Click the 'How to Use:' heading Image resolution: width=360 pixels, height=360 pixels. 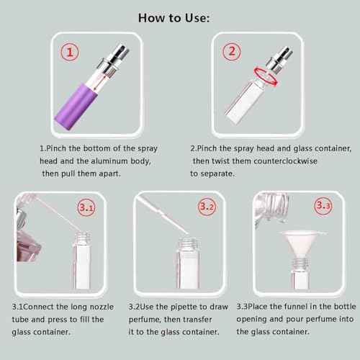point(180,18)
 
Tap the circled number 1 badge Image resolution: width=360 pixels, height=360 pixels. point(69,52)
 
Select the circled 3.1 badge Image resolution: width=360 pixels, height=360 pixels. point(86,208)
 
